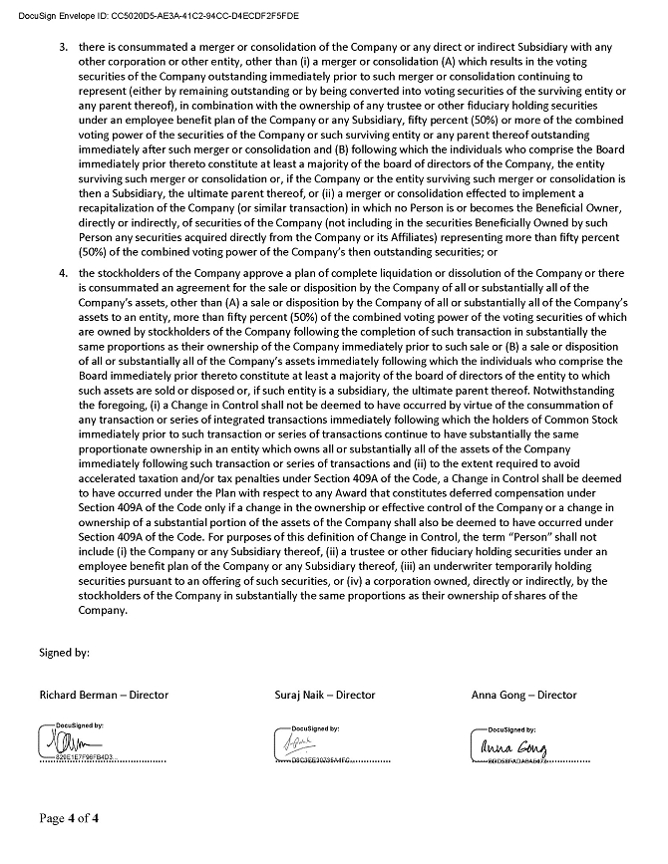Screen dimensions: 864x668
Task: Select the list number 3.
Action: (x=63, y=48)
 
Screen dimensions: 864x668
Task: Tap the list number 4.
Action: (x=63, y=273)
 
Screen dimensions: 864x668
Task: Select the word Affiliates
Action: (x=435, y=237)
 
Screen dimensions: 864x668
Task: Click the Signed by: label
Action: (x=65, y=653)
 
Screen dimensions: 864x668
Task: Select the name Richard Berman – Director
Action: (x=104, y=695)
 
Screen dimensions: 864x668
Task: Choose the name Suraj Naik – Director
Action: (x=325, y=695)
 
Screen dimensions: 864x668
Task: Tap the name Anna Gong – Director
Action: (x=523, y=695)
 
